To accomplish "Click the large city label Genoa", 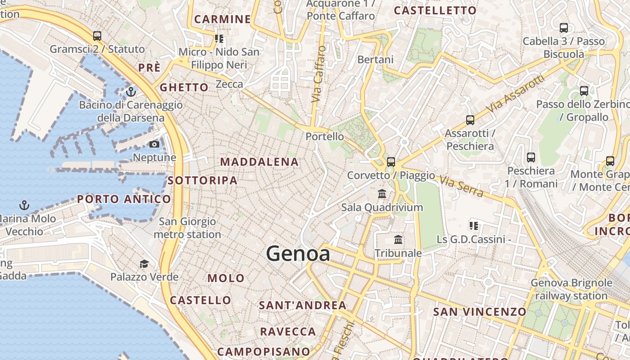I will point(298,254).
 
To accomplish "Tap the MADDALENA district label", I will point(260,162).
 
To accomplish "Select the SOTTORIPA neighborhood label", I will point(202,180).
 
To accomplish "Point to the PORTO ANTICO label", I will point(124,199).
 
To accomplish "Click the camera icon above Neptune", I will point(154,144).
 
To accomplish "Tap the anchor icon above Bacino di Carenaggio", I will point(131,92).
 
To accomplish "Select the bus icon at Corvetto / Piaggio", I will point(391,162).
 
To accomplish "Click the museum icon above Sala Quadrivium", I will point(382,194).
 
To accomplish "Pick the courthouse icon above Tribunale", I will point(398,240).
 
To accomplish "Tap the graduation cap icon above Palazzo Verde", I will point(144,264).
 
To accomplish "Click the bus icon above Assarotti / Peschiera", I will point(470,120).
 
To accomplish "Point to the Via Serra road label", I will point(462,187).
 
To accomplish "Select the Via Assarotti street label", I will point(516,94).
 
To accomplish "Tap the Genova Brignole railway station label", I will point(571,289).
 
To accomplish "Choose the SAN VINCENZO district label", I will point(479,312).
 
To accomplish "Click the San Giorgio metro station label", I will point(187,228).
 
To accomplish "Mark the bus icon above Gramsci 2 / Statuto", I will point(97,36).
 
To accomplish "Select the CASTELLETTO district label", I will point(435,10).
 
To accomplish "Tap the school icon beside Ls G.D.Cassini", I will point(473,225).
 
